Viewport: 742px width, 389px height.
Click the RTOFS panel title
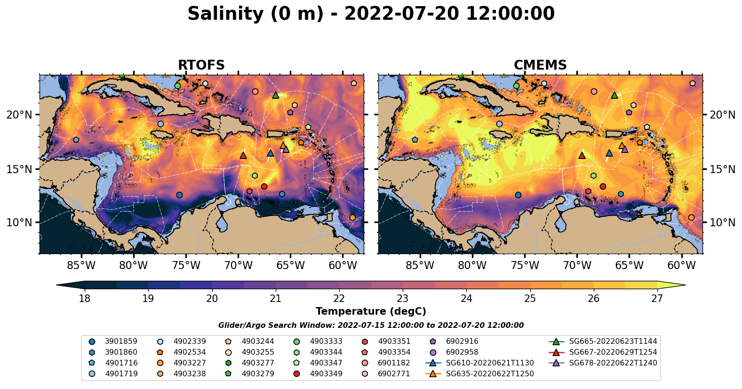click(x=201, y=65)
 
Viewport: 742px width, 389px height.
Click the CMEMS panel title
click(x=540, y=65)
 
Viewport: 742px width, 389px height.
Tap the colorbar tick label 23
click(x=403, y=299)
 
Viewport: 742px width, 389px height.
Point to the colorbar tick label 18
click(x=84, y=299)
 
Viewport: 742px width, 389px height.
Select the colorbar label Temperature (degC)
click(x=371, y=311)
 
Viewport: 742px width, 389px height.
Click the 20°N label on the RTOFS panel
click(x=19, y=115)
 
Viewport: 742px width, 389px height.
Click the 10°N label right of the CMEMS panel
click(x=722, y=222)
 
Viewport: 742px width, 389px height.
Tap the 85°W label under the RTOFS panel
click(x=81, y=266)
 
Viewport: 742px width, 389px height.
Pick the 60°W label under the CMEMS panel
click(x=681, y=266)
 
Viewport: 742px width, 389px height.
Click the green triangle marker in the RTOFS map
click(x=276, y=95)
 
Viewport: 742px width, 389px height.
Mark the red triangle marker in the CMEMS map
click(x=582, y=155)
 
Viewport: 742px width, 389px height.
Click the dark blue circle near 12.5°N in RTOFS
click(x=179, y=195)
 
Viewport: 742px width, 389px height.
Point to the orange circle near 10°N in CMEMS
click(x=691, y=217)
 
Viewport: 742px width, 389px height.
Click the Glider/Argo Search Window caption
click(x=371, y=325)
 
